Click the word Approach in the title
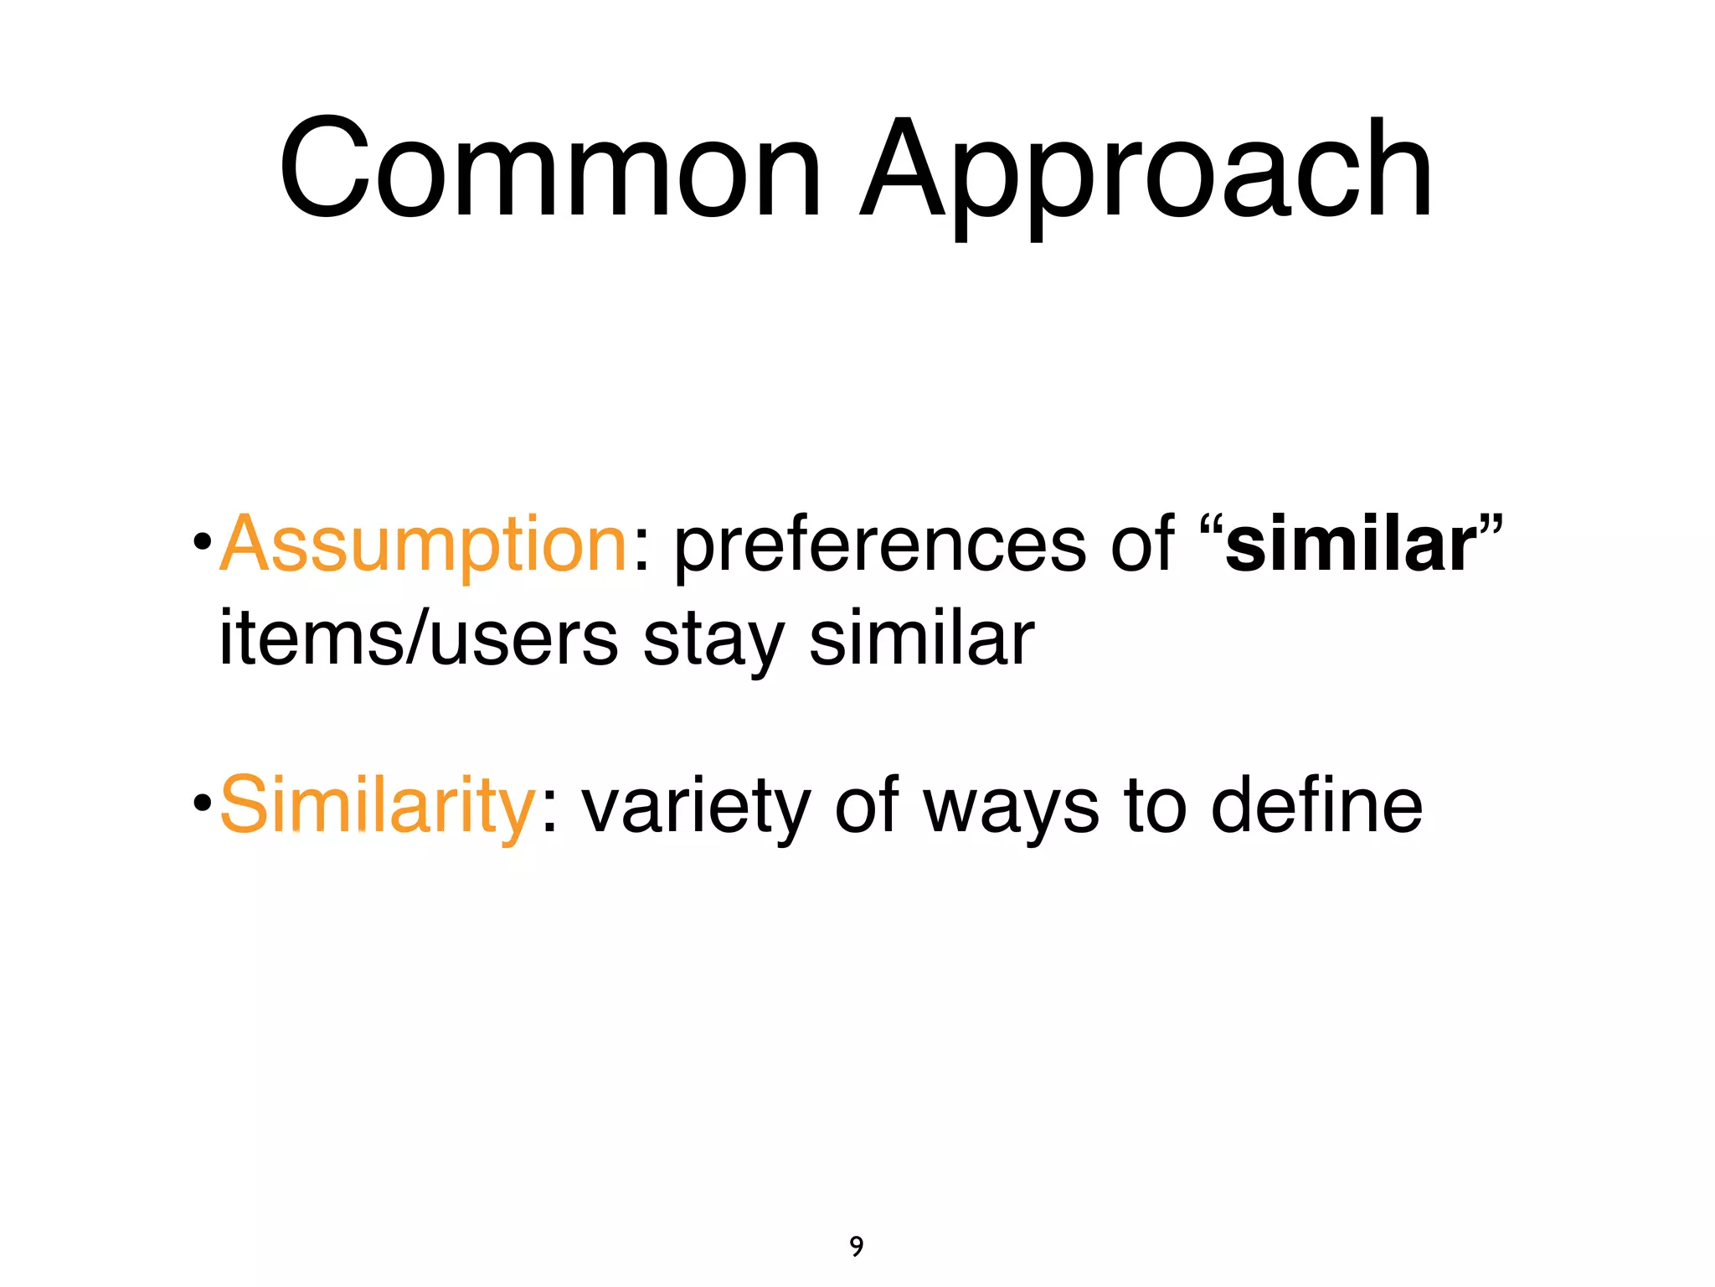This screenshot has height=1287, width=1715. pyautogui.click(x=1146, y=176)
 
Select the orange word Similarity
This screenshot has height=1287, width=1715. pyautogui.click(x=377, y=806)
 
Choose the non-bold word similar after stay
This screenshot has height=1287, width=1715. pyautogui.click(x=921, y=638)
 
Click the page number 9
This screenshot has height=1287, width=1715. pyautogui.click(x=856, y=1247)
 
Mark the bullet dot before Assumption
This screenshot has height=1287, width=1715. pyautogui.click(x=201, y=542)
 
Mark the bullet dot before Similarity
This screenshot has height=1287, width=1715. pyautogui.click(x=201, y=803)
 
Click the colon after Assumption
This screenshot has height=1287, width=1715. pyautogui.click(x=641, y=555)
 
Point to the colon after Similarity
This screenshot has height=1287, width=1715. pyautogui.click(x=549, y=814)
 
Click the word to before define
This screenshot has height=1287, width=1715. pyautogui.click(x=1156, y=806)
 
